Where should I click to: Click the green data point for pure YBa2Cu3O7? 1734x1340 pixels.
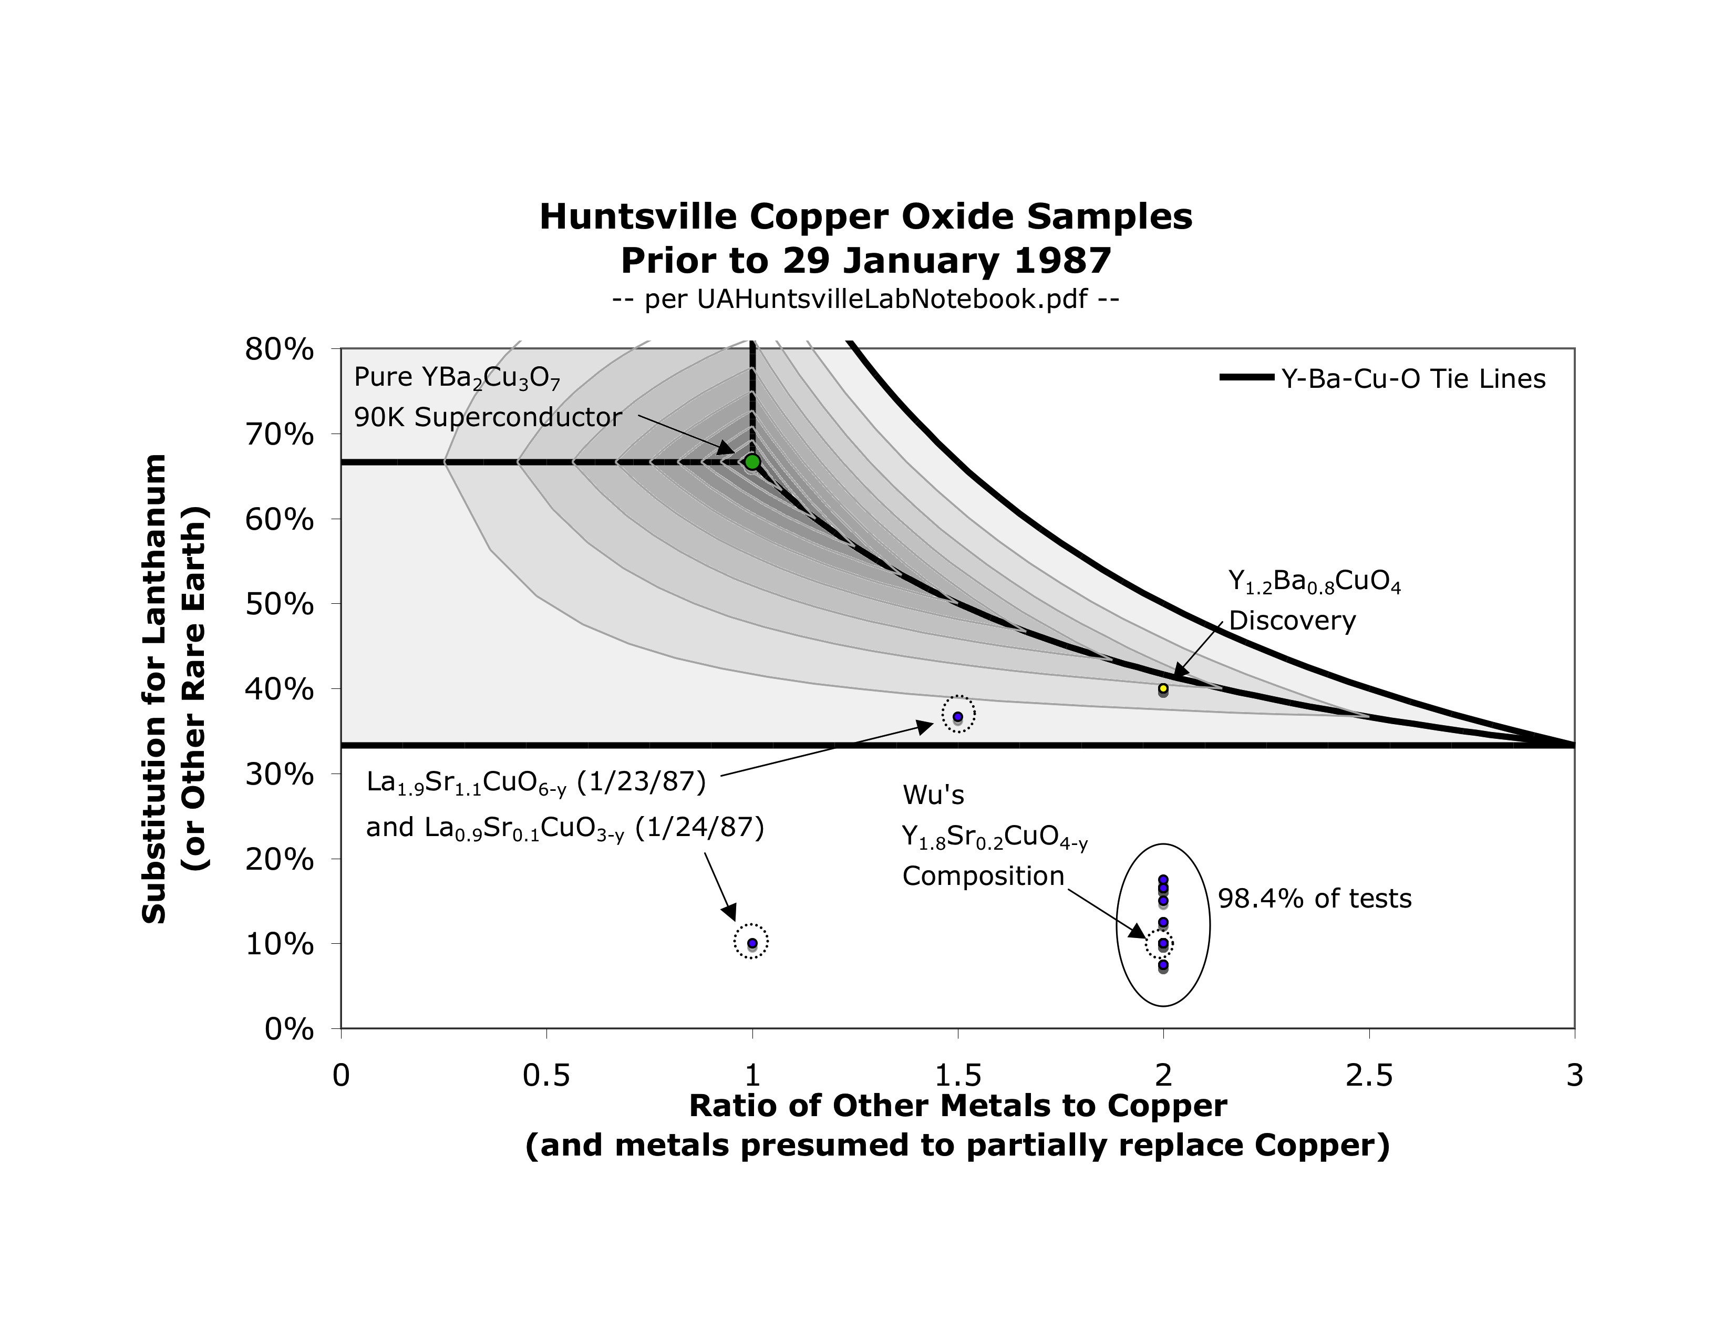tap(752, 462)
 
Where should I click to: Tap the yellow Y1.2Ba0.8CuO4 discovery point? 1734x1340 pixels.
tap(1163, 688)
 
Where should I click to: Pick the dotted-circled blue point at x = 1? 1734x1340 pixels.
tap(752, 943)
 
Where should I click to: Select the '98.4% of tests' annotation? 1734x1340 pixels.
tap(1315, 899)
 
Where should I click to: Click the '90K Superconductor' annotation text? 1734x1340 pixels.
tap(488, 418)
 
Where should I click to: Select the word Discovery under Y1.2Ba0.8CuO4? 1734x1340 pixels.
tap(1292, 620)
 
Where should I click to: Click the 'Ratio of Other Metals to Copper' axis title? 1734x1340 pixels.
tap(957, 1106)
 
